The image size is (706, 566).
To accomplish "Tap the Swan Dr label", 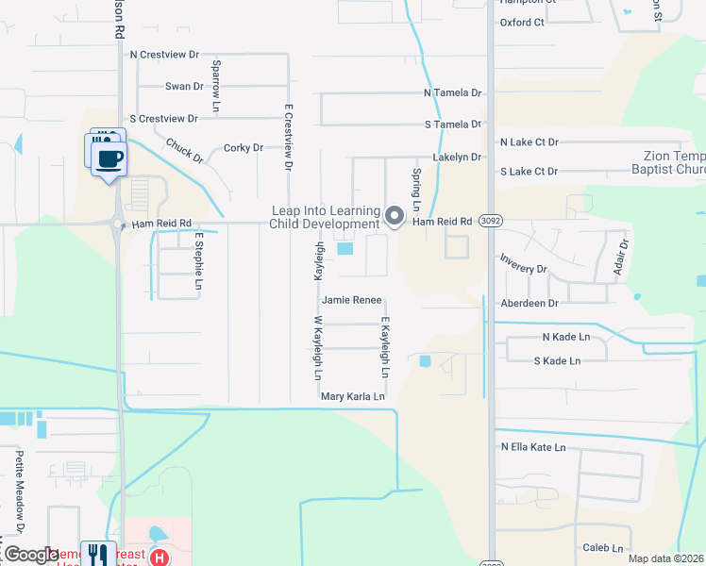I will (184, 87).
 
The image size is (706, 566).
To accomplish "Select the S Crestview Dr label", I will (164, 119).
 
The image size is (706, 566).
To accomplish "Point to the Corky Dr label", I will (243, 148).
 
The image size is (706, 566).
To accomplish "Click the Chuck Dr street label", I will (184, 151).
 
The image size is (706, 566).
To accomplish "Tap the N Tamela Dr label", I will (453, 93).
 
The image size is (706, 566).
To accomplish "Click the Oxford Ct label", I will (522, 22).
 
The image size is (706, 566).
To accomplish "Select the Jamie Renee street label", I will (352, 301).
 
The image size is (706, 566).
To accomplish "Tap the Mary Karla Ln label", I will (353, 397).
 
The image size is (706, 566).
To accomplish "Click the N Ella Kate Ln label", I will (533, 447).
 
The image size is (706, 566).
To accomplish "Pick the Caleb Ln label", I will (603, 548).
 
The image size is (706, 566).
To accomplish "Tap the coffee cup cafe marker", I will (109, 157).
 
